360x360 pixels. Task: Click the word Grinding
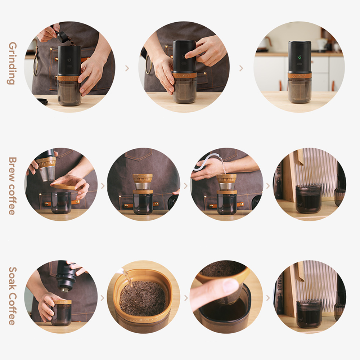pyautogui.click(x=12, y=63)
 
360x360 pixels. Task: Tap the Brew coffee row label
pyautogui.click(x=12, y=185)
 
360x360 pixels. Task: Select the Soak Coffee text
pyautogui.click(x=12, y=296)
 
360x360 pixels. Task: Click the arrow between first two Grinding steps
pyautogui.click(x=127, y=68)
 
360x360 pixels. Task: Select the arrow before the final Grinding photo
pyautogui.click(x=241, y=68)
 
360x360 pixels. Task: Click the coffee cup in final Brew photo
pyautogui.click(x=308, y=198)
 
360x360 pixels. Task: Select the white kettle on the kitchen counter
pyautogui.click(x=321, y=44)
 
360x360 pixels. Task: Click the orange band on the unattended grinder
pyautogui.click(x=299, y=76)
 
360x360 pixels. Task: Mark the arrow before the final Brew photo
pyautogui.click(x=268, y=186)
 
